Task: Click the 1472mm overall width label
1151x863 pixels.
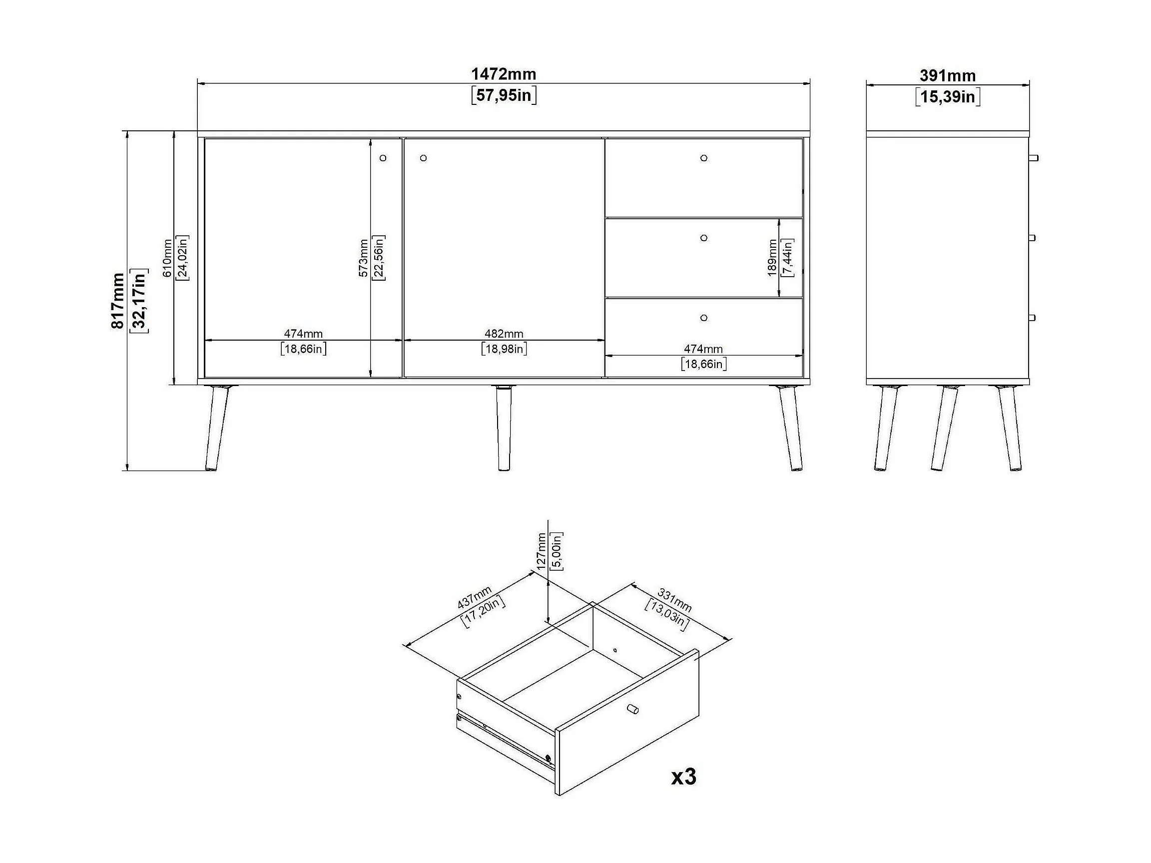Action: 503,74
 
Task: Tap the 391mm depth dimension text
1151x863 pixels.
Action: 947,76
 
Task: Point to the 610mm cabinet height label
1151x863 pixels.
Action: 167,258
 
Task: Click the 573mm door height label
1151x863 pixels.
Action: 364,258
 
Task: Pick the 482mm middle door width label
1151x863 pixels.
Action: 504,334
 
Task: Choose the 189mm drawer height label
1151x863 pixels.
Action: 772,258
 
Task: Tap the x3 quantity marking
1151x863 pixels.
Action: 683,777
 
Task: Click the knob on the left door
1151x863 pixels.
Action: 383,158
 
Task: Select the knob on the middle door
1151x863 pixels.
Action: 423,158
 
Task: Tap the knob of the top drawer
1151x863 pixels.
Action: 703,158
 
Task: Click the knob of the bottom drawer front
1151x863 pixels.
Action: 703,318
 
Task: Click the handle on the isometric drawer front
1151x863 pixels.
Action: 633,710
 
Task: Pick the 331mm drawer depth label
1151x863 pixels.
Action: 675,599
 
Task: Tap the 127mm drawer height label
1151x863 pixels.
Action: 541,551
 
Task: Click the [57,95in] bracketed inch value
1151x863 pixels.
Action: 504,96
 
